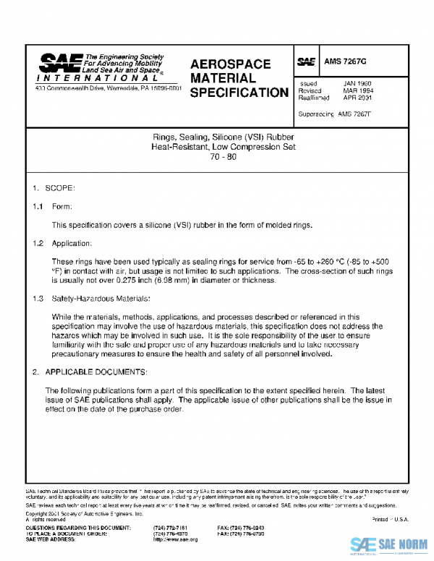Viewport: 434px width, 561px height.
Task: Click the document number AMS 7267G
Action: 344,62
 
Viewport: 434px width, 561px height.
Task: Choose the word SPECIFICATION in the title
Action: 238,93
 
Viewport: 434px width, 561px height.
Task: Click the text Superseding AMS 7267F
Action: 333,114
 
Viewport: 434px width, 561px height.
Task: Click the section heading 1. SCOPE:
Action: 54,188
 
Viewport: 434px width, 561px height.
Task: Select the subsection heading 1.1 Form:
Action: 52,206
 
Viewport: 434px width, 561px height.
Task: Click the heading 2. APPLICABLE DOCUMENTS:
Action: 90,372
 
